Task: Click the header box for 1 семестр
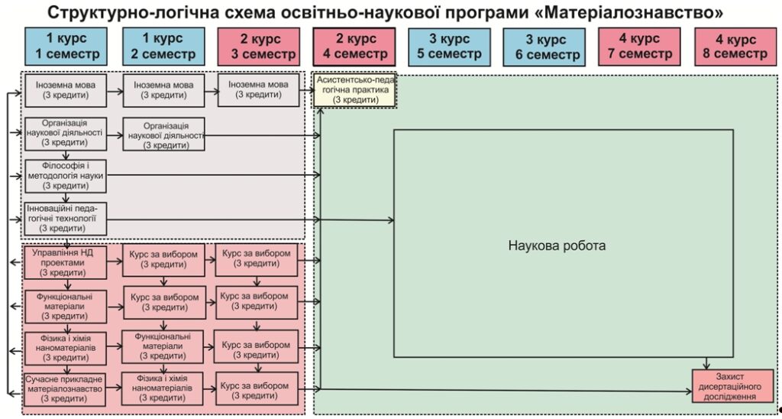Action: coord(66,47)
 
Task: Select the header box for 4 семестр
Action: coord(354,47)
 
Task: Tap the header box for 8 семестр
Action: coord(735,47)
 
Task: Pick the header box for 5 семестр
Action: coord(449,47)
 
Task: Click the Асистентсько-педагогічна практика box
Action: coord(354,90)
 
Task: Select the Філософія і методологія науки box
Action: coord(66,176)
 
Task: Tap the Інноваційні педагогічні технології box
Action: coord(66,219)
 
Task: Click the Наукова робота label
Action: coord(557,245)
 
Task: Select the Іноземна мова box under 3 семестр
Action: coord(258,90)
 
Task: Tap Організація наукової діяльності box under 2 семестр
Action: coord(164,134)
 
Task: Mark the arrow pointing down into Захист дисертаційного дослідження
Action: coord(706,363)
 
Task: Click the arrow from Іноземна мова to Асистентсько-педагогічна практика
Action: coord(307,90)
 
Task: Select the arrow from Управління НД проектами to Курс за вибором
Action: coord(114,261)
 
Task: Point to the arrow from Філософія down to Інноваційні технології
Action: coord(66,198)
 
